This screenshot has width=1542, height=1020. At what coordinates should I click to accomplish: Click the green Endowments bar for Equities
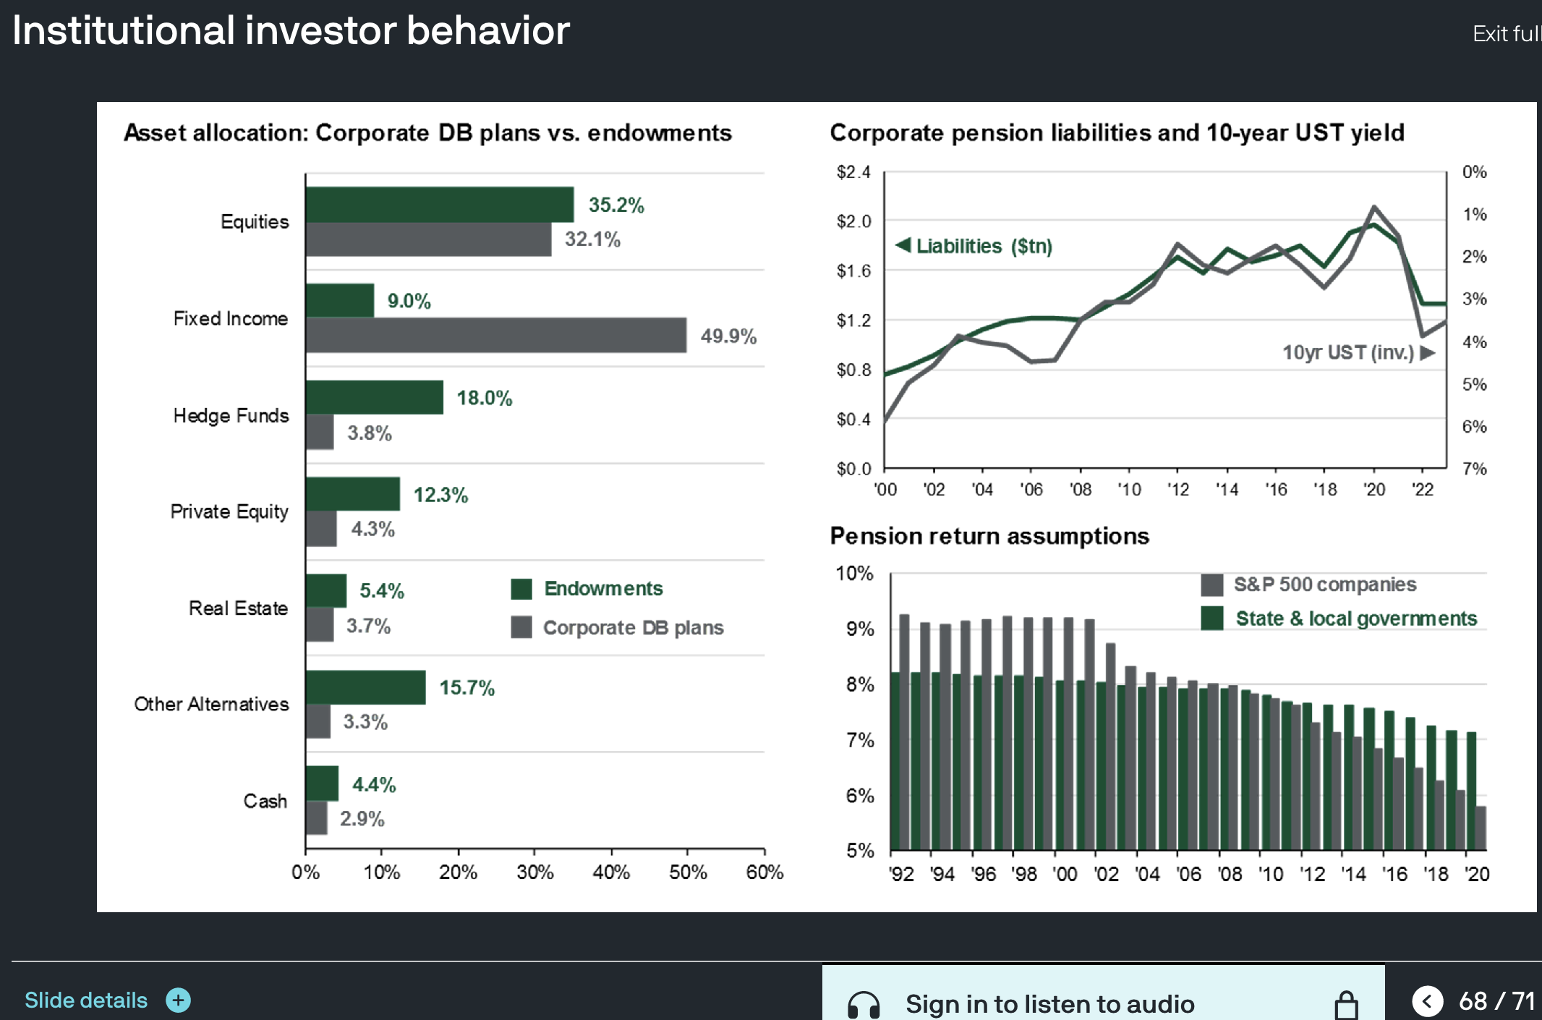(x=439, y=205)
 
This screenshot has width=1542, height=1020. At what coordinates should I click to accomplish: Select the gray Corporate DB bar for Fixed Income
(x=495, y=336)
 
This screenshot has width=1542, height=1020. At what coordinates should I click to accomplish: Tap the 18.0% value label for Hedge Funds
(x=484, y=398)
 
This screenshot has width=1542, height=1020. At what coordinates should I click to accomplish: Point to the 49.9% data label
(x=728, y=336)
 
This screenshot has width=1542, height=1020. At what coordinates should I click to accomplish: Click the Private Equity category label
(x=229, y=511)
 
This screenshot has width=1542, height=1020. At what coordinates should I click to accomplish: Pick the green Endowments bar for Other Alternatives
(x=365, y=687)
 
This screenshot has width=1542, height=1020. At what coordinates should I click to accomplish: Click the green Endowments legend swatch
(x=521, y=589)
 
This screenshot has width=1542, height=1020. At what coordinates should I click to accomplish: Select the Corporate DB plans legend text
(x=633, y=627)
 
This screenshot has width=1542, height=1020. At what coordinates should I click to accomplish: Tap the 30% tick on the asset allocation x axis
(x=534, y=872)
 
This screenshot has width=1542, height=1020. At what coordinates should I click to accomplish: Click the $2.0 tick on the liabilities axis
(x=853, y=221)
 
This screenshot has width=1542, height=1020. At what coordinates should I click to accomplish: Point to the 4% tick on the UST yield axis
(x=1474, y=341)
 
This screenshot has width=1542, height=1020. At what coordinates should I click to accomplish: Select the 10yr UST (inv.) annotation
(x=1348, y=352)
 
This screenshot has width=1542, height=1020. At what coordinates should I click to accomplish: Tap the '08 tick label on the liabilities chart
(x=1081, y=490)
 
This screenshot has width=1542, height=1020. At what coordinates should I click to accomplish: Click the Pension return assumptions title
(x=989, y=536)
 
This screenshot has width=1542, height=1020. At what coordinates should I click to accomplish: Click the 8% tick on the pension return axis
(x=860, y=684)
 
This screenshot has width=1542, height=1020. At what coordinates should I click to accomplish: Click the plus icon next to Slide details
(x=178, y=1000)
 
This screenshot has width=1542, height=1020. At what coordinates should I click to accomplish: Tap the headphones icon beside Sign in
(x=863, y=1004)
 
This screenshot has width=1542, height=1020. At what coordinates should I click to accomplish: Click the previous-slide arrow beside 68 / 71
(x=1427, y=1001)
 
